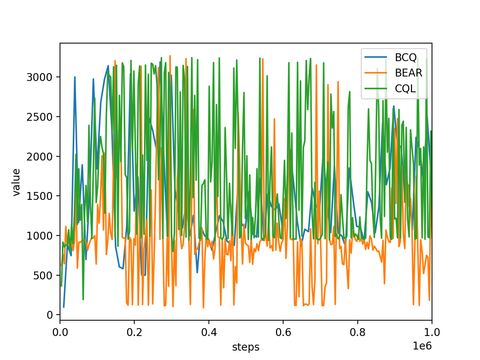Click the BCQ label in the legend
click(406, 57)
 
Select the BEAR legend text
click(408, 73)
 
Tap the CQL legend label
click(405, 89)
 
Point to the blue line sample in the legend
click(376, 57)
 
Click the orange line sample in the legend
click(376, 73)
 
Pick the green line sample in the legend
click(376, 88)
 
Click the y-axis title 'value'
click(16, 182)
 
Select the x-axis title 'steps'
click(246, 347)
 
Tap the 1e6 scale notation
click(422, 346)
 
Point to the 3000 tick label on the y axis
click(39, 77)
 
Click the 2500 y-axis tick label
click(39, 117)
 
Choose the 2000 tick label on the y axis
click(39, 157)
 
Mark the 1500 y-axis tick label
click(39, 196)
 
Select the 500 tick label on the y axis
click(43, 276)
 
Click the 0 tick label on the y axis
click(49, 315)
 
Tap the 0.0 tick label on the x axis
click(60, 333)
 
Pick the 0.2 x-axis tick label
click(135, 333)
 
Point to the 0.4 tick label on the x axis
click(209, 333)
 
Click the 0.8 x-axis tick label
click(357, 333)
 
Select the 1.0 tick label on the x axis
click(432, 333)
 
